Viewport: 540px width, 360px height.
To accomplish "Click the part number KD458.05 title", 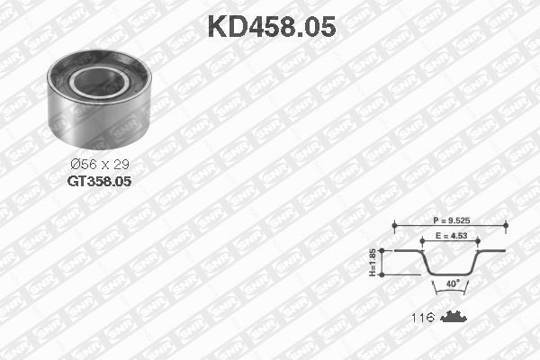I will click(271, 26).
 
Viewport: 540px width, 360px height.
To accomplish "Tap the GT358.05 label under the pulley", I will click(99, 181).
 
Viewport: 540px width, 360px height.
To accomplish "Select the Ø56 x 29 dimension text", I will click(98, 165).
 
